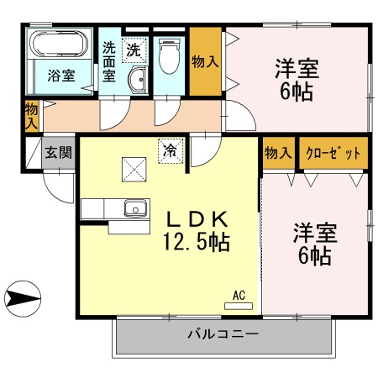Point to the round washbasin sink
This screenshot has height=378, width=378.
tap(137, 81)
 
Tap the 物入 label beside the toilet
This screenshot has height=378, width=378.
tap(205, 60)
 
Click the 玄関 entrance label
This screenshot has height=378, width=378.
tap(59, 153)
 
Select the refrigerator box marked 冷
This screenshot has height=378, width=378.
tap(171, 151)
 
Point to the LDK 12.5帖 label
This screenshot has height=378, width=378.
tap(196, 230)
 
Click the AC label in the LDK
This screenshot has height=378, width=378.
tap(238, 295)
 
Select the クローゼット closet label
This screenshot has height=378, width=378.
tap(334, 153)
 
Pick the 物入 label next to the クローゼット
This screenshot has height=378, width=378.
tap(278, 153)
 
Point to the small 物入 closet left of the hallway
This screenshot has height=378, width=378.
tap(31, 115)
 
